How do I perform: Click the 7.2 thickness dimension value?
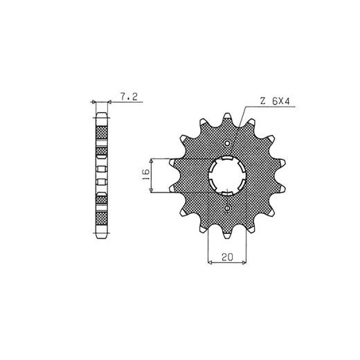[129, 97]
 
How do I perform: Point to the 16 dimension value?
[146, 175]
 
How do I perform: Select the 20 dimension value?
[228, 257]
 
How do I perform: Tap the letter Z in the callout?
[262, 101]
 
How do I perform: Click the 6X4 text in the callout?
[281, 101]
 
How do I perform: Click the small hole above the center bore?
[228, 143]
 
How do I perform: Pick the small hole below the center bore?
[227, 208]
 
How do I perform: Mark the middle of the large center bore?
[227, 176]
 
